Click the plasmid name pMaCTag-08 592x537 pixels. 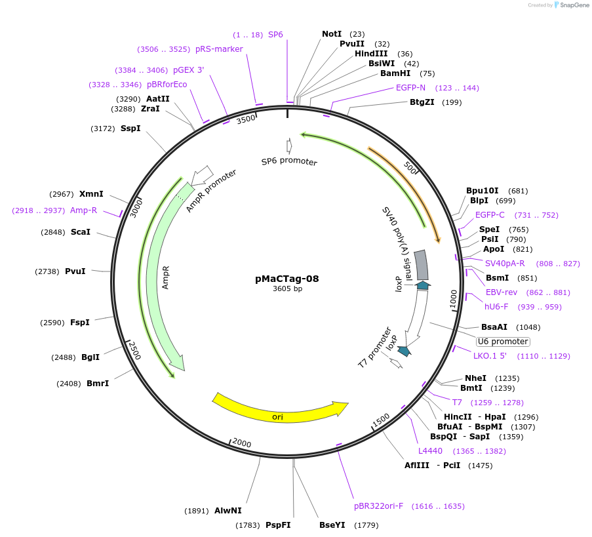pyautogui.click(x=286, y=279)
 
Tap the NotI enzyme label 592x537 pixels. pyautogui.click(x=332, y=34)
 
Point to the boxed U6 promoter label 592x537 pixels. pyautogui.click(x=503, y=342)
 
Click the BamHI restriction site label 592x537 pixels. pyautogui.click(x=395, y=73)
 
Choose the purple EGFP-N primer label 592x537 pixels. pyautogui.click(x=410, y=88)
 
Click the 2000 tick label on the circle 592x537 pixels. pyautogui.click(x=241, y=443)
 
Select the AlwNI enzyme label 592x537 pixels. pyautogui.click(x=228, y=511)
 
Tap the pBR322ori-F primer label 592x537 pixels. pyautogui.click(x=379, y=506)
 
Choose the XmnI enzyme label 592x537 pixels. pyautogui.click(x=91, y=194)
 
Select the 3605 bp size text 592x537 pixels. pyautogui.click(x=287, y=289)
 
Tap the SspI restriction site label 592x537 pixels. pyautogui.click(x=130, y=129)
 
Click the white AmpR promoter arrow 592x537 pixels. pyautogui.click(x=203, y=174)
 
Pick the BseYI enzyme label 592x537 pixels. pyautogui.click(x=332, y=525)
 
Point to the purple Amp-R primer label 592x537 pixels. pyautogui.click(x=83, y=210)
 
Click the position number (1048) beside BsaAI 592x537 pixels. pyautogui.click(x=528, y=327)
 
